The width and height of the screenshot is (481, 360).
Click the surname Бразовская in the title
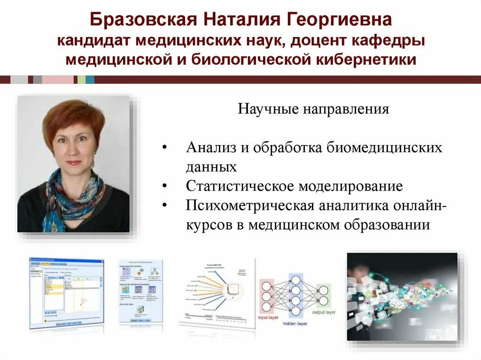143,20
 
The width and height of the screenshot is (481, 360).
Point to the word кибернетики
369,60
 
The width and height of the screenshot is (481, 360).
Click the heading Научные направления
313,109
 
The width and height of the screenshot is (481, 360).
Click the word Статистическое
240,186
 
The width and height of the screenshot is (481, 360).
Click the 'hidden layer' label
295,323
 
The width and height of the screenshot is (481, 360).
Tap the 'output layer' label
324,313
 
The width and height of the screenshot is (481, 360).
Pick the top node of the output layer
323,289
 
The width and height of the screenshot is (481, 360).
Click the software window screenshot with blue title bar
66,293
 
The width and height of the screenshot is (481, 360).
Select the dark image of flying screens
402,296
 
